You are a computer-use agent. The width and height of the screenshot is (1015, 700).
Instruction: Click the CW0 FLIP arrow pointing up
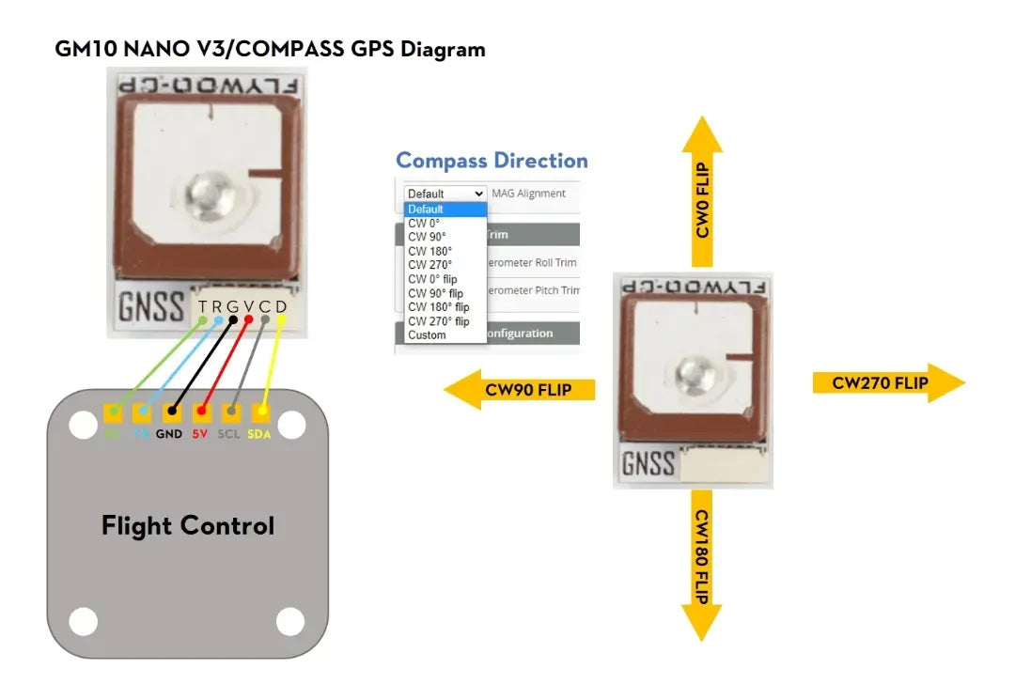(x=702, y=193)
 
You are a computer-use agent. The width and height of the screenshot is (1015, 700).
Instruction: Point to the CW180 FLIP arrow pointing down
(x=701, y=564)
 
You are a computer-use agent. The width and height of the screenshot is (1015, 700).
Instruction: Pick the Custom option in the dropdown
(x=427, y=335)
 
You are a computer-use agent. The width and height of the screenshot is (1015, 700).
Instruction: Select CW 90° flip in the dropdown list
(x=435, y=293)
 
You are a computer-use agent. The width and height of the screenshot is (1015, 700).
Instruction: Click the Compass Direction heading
(x=492, y=161)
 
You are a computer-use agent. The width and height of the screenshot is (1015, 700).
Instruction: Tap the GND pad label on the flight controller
(x=169, y=435)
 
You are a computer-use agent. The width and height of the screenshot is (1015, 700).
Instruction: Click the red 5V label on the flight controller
(x=199, y=435)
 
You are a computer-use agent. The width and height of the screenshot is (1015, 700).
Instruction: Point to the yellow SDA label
(x=259, y=435)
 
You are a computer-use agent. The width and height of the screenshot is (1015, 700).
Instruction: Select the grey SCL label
(x=229, y=435)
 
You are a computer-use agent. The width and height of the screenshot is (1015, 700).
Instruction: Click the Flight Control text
(x=188, y=525)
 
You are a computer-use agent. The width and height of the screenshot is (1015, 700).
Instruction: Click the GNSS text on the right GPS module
(x=648, y=463)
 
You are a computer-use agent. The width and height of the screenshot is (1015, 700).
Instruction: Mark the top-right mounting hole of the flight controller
(x=292, y=425)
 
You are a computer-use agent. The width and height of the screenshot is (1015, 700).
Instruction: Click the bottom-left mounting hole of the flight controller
(x=84, y=621)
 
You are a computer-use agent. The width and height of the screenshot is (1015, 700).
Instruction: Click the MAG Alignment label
(x=529, y=194)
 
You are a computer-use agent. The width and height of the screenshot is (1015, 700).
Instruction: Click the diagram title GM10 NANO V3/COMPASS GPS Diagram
(x=271, y=49)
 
